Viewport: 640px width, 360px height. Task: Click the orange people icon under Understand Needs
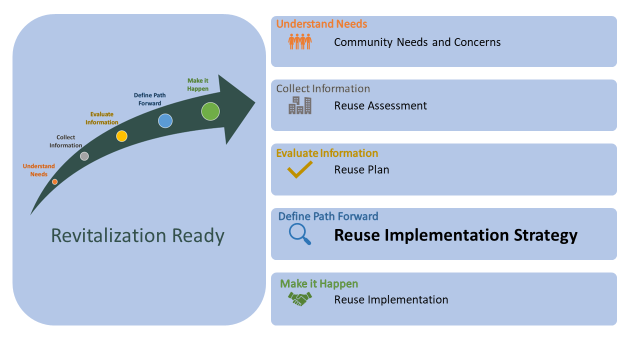tap(300, 42)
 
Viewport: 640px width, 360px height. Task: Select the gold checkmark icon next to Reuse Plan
tap(300, 170)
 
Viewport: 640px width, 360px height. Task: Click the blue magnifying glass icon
tap(300, 235)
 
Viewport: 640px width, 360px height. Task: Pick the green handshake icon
tap(300, 299)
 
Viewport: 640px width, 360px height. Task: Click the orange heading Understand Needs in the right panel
tap(321, 24)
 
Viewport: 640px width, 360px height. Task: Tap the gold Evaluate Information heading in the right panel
tap(327, 153)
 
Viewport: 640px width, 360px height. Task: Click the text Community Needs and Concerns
tap(417, 42)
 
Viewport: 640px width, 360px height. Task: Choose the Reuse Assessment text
tap(380, 105)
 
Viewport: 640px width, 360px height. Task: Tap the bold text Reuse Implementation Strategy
tap(455, 236)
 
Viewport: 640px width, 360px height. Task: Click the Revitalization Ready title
tap(138, 236)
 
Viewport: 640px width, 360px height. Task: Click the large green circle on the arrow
tap(210, 111)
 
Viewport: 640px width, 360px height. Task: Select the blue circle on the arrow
tap(165, 121)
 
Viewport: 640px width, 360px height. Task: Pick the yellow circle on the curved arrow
tap(122, 136)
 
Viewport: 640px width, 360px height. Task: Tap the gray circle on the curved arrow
tap(84, 156)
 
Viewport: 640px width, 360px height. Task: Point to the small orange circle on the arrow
tap(55, 182)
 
